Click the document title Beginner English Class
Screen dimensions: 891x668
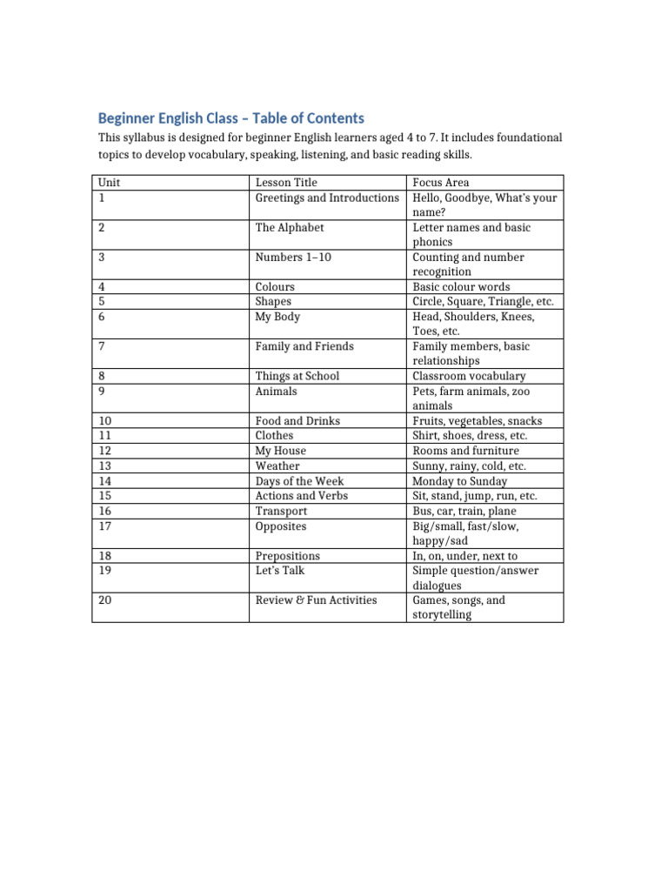coord(230,118)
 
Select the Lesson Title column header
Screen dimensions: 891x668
coord(286,183)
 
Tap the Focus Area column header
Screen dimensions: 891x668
coord(441,183)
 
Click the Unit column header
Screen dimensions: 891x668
coord(109,183)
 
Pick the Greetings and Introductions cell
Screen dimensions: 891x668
coord(327,198)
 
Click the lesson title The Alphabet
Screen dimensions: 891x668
coord(290,227)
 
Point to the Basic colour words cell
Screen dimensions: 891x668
coord(461,286)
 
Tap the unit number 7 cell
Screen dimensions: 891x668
coord(102,346)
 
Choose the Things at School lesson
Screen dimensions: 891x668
coord(297,376)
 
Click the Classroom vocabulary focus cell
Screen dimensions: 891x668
coord(469,376)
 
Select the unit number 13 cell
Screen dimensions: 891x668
coord(104,466)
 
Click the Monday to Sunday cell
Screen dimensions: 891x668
coord(459,480)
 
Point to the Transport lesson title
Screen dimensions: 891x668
coord(281,511)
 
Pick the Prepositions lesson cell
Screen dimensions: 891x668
coord(288,555)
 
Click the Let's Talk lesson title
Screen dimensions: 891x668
coord(280,570)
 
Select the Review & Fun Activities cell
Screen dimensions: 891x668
coord(317,600)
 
